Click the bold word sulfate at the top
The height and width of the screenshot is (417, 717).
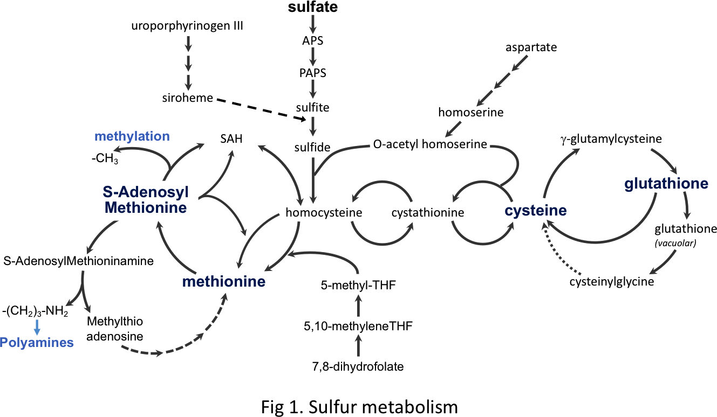click(313, 8)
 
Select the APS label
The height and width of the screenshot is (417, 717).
click(313, 40)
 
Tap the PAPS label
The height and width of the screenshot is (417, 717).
click(313, 73)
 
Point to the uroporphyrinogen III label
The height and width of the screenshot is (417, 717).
click(187, 25)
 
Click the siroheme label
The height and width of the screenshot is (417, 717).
click(187, 98)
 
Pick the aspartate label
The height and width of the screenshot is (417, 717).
click(531, 47)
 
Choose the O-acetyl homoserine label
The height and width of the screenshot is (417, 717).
click(430, 144)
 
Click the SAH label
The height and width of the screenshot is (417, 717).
click(231, 139)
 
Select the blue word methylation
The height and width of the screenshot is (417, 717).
click(132, 136)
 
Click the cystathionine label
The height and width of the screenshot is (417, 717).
click(428, 212)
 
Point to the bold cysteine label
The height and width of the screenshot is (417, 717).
click(536, 211)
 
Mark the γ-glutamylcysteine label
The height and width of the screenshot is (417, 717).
click(611, 139)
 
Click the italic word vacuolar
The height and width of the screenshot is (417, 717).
click(675, 242)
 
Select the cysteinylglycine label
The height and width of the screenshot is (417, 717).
click(611, 281)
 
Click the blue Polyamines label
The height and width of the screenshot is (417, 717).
click(37, 342)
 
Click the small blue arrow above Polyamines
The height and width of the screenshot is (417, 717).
click(37, 326)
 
